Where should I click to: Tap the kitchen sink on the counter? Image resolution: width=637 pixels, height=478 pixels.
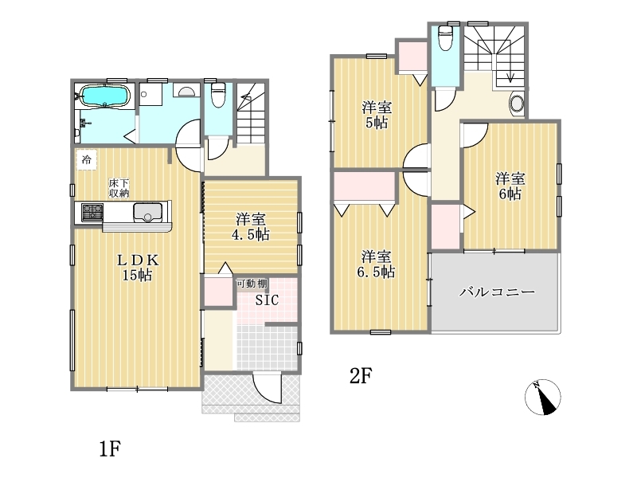point(148,212)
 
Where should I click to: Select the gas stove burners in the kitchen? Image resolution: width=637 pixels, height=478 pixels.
point(92,212)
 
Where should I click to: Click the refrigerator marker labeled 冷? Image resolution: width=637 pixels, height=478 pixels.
point(87,159)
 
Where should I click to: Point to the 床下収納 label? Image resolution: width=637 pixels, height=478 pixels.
point(119,188)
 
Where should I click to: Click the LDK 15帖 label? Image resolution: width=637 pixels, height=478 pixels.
point(138,268)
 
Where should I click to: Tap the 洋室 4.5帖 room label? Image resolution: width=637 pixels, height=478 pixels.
point(251,227)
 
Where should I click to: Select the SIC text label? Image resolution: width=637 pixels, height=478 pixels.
point(267,300)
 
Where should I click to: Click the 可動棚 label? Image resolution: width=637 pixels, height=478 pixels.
point(252,284)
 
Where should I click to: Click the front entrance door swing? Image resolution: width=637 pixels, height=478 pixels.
point(267,388)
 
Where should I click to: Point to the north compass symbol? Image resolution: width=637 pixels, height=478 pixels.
point(543,397)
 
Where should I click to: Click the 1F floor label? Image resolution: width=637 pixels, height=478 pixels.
point(110,449)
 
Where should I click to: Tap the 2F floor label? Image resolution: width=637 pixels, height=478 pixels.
point(361,376)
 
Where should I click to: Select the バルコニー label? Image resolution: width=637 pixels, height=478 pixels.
point(497,292)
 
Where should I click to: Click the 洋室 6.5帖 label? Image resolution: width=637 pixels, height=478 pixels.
point(376,264)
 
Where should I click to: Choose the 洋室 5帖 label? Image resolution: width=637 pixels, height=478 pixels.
point(377,115)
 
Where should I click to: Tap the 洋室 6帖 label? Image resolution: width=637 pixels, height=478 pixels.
point(510,186)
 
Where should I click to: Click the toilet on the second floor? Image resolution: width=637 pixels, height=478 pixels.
point(446,37)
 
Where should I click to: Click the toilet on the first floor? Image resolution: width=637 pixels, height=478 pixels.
point(218,95)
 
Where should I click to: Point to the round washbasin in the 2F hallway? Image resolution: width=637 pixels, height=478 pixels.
point(517,104)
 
